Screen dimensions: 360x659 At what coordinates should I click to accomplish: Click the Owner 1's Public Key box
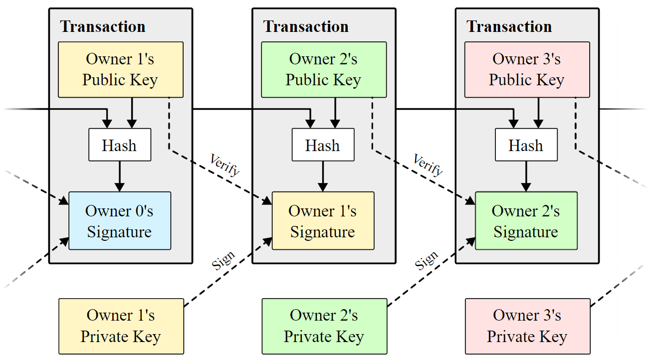120,69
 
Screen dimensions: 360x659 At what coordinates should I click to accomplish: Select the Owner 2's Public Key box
323,69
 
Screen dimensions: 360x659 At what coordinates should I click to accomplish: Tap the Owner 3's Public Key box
527,69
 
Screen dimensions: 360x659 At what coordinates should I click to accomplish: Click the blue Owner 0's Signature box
120,221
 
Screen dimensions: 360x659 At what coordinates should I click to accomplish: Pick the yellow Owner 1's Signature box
323,221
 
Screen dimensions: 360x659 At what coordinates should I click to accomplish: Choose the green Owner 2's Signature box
526,221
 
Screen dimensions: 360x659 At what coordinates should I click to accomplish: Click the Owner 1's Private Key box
121,326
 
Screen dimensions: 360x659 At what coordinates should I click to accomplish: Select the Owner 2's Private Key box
324,326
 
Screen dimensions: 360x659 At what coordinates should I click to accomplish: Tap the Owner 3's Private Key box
527,326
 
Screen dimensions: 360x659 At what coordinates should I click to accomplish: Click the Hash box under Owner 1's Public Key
120,145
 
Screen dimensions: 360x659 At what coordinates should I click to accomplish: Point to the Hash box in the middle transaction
323,145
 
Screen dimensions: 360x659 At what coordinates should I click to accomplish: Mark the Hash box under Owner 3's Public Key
526,145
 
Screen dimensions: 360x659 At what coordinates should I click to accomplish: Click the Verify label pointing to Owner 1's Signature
224,165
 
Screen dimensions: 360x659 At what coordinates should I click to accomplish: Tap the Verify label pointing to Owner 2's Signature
428,165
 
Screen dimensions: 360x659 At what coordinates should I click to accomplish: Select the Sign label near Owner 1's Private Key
223,261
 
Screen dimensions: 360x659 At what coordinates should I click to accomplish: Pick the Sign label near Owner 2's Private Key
427,261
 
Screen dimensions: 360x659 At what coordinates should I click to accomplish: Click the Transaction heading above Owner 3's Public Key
509,26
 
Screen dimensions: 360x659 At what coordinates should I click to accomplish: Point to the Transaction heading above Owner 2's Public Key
306,26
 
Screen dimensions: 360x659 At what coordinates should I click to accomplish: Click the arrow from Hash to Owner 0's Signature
120,176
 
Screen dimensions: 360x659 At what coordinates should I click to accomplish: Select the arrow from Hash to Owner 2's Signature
526,176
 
